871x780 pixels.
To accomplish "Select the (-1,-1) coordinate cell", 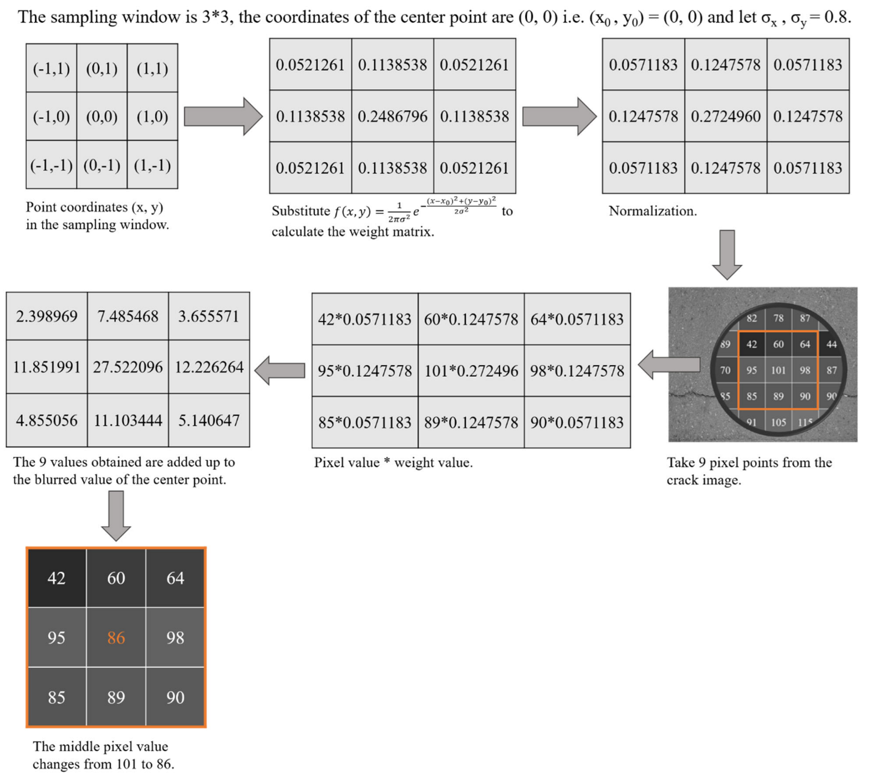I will coord(51,165).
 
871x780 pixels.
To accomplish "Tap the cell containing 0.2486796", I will coord(393,116).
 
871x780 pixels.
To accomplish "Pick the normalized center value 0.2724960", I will coord(726,116).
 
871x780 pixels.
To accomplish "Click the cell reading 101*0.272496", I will coord(471,371).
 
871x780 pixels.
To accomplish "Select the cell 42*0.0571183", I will coord(364,319).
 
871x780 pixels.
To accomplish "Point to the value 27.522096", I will coord(128,367).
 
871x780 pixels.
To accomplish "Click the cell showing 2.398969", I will coord(47,316).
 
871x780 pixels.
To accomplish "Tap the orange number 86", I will coord(116,638).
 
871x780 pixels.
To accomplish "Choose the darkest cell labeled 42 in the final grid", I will coord(57,578).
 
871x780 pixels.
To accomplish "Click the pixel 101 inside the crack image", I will coord(778,370).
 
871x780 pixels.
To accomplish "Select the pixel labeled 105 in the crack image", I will coord(778,422).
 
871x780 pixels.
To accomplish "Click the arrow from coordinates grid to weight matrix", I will coord(223,116).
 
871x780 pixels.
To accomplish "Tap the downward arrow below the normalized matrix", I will coord(727,254).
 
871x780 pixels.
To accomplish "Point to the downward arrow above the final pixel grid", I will coord(116,515).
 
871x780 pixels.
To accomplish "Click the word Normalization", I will coord(653,211).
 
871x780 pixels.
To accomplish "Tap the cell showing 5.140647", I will coord(209,420).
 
